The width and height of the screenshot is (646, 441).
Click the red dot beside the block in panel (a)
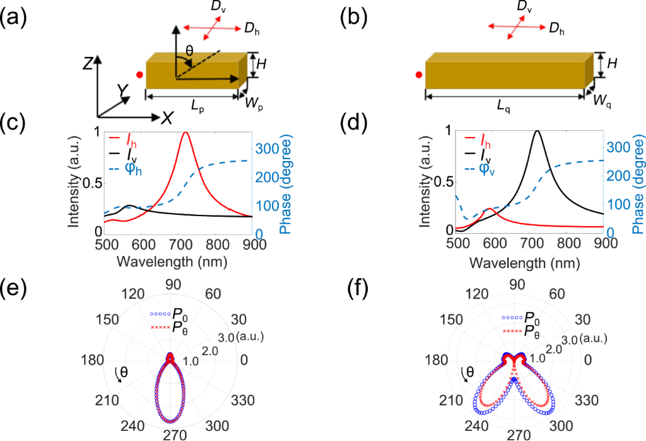pyautogui.click(x=139, y=75)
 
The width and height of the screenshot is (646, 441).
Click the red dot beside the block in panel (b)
pyautogui.click(x=418, y=75)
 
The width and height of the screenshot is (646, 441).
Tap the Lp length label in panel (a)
pyautogui.click(x=197, y=109)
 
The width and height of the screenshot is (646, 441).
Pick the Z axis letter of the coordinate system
pyautogui.click(x=92, y=62)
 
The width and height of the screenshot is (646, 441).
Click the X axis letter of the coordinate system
pyautogui.click(x=167, y=117)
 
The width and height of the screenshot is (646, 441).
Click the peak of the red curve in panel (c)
pyautogui.click(x=185, y=132)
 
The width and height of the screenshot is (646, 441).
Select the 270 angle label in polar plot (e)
pyautogui.click(x=170, y=435)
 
